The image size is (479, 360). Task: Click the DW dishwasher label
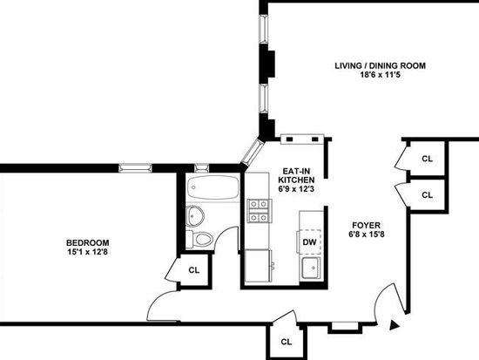309,242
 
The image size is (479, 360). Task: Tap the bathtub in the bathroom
213,187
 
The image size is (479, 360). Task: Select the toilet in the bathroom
200,239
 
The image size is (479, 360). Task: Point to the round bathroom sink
194,215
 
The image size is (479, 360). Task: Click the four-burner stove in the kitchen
260,211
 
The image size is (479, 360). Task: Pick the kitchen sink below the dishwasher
311,268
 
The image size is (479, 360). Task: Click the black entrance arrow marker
395,325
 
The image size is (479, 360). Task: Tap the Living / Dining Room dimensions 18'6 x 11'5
380,74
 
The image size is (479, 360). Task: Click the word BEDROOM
88,243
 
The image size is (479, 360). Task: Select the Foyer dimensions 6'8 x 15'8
366,234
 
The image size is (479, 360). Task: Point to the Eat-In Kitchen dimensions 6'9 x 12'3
296,189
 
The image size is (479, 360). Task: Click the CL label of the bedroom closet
194,270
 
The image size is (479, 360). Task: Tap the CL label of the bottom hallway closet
287,342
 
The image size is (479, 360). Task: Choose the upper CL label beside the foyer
427,159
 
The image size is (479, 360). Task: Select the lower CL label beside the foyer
427,195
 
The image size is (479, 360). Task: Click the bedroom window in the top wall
135,168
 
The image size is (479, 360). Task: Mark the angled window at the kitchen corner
253,152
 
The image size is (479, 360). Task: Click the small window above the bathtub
202,168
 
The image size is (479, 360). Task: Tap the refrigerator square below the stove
258,266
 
